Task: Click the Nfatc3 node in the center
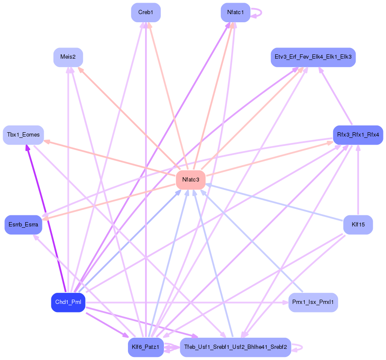coord(190,180)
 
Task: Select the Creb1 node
coord(145,12)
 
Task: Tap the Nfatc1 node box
coord(235,12)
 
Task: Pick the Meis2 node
coord(68,57)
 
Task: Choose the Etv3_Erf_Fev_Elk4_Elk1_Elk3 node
coord(313,57)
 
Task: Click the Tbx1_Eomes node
coord(24,135)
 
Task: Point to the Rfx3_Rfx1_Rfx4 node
coord(358,135)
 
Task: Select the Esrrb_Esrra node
coord(23,225)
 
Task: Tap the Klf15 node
coord(358,225)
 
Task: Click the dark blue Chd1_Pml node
coord(68,303)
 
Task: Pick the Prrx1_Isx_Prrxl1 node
coord(313,303)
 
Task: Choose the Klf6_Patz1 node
coord(145,347)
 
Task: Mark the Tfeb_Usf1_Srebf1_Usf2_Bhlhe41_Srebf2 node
coord(235,347)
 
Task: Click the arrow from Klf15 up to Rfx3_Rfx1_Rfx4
coord(358,180)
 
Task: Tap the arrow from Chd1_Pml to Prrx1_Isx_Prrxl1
coord(184,303)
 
